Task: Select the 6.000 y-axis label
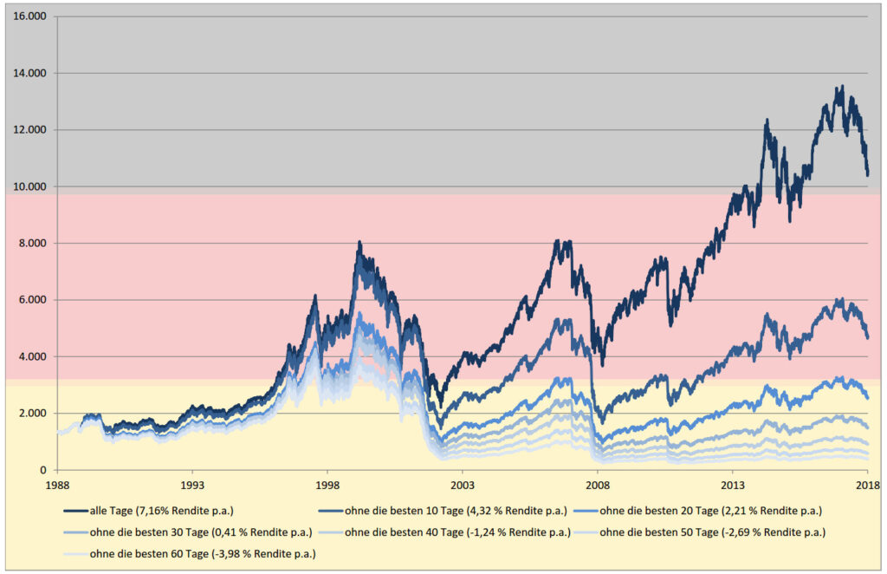33,300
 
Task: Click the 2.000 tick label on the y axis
33,414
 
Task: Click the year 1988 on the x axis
57,486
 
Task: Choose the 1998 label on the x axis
327,486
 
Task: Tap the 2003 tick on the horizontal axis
463,486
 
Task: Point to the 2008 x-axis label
598,486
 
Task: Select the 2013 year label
733,486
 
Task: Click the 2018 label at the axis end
868,486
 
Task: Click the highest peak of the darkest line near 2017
841,87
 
